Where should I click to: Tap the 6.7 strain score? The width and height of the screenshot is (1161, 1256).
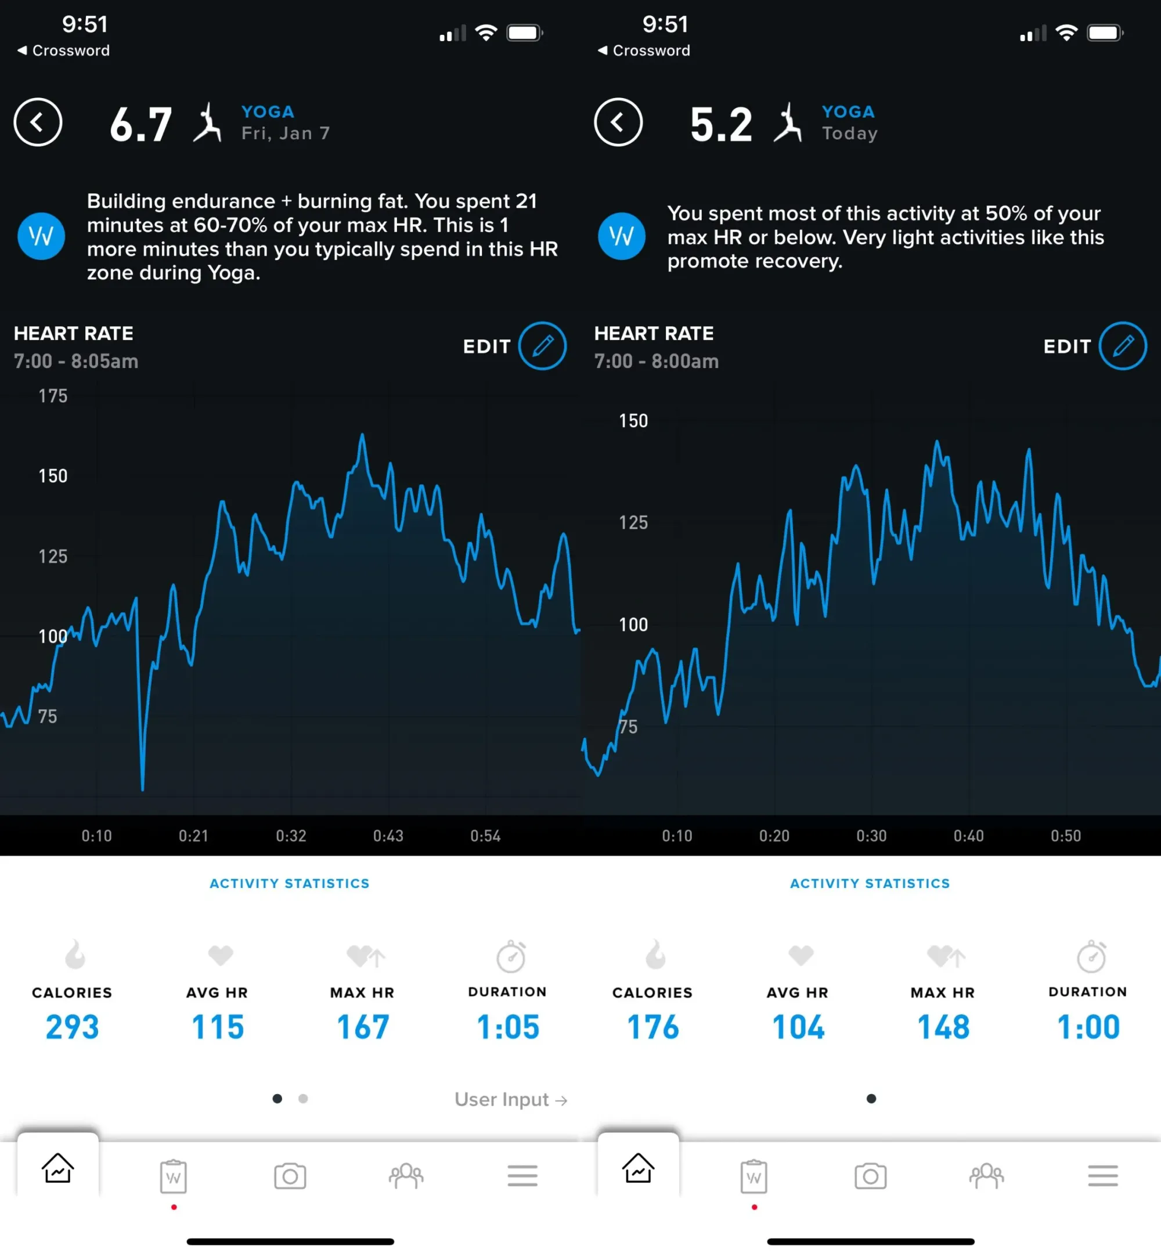140,124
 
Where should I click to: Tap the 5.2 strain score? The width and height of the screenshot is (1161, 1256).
720,124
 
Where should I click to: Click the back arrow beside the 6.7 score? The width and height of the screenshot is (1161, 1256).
38,122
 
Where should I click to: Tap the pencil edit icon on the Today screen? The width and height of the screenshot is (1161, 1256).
1122,346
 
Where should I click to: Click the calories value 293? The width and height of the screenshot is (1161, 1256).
72,1027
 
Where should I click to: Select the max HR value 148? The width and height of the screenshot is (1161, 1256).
943,1027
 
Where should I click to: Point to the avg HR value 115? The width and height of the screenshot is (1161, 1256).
217,1027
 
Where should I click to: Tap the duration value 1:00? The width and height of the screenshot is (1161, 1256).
1088,1027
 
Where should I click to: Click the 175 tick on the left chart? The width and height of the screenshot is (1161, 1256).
53,396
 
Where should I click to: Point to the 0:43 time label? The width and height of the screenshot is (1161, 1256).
388,836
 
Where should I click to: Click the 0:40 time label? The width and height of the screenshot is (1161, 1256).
968,836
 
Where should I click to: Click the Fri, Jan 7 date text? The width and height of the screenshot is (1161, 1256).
285,133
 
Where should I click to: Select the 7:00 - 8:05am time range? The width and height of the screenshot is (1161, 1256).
76,361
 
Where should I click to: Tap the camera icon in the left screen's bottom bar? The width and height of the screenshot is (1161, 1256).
290,1176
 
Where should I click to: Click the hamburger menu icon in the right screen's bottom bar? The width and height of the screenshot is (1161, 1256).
1102,1176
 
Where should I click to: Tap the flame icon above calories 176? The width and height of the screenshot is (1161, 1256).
655,955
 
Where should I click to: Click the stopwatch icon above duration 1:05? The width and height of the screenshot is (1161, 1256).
511,956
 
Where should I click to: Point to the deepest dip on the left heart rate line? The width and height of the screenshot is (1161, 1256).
143,788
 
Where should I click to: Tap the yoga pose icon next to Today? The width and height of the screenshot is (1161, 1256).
787,122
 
